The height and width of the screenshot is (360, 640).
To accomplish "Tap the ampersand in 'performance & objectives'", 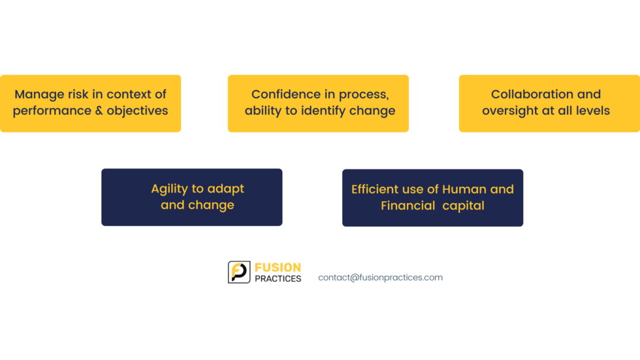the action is click(99, 110).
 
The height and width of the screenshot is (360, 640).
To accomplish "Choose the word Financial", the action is click(408, 206).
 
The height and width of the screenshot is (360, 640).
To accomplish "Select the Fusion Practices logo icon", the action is click(239, 272).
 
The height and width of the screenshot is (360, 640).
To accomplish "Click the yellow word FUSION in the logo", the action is click(278, 268).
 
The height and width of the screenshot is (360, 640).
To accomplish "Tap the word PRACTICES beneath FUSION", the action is click(278, 279).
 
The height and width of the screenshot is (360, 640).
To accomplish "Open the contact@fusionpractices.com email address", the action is click(380, 278).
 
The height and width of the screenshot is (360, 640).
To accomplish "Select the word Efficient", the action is click(375, 189).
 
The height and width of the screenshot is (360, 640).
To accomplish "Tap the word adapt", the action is click(226, 189).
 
